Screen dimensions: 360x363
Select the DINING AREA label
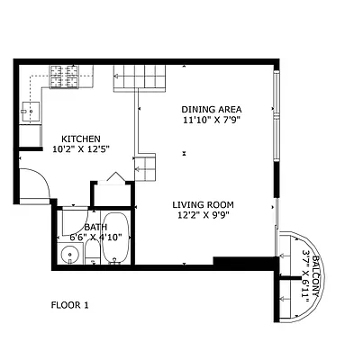pyautogui.click(x=210, y=107)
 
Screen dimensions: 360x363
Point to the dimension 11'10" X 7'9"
pyautogui.click(x=212, y=119)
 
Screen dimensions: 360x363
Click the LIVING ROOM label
pyautogui.click(x=202, y=204)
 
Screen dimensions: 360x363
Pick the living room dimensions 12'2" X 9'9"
pyautogui.click(x=202, y=216)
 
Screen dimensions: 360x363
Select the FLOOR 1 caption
pyautogui.click(x=69, y=306)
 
